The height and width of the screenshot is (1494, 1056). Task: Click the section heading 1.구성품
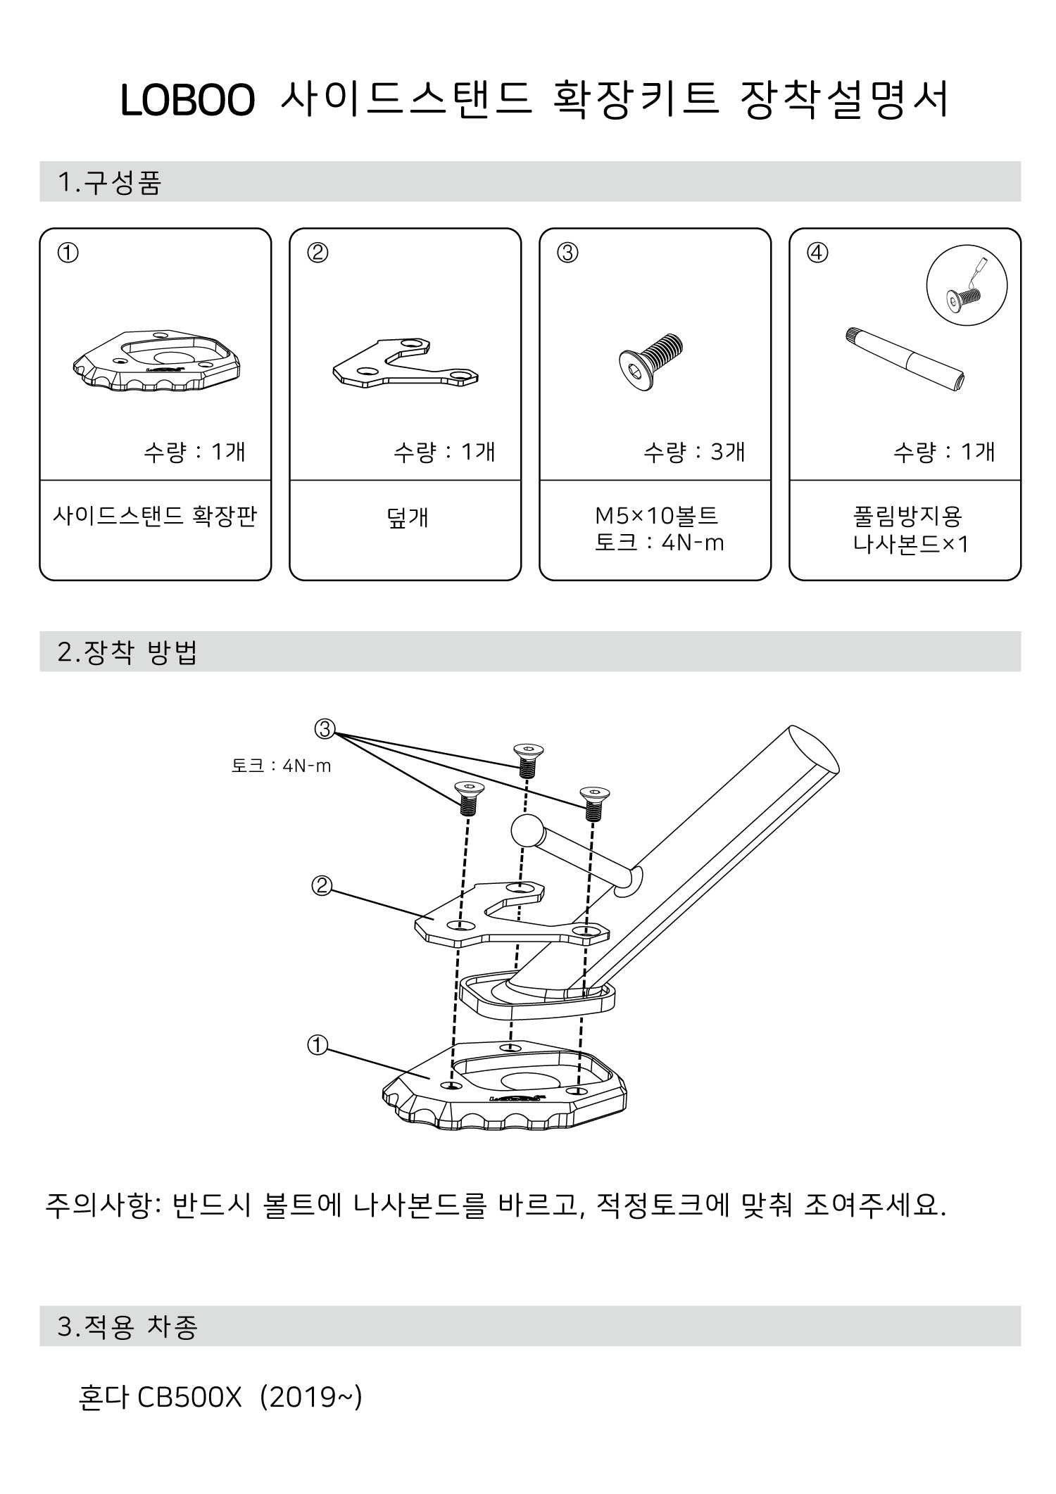(110, 182)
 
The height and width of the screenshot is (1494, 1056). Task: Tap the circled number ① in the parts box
(68, 253)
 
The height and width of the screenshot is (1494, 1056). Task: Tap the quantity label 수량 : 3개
(693, 452)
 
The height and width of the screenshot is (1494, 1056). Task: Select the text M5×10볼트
(656, 517)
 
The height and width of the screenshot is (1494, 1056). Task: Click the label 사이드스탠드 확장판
(155, 517)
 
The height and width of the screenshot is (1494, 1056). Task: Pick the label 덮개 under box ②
(407, 518)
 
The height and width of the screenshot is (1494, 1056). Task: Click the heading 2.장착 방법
(127, 652)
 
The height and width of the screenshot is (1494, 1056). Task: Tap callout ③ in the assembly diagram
(325, 730)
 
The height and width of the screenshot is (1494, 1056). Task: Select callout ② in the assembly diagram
(321, 885)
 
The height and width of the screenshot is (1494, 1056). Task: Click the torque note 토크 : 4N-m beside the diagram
(281, 766)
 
